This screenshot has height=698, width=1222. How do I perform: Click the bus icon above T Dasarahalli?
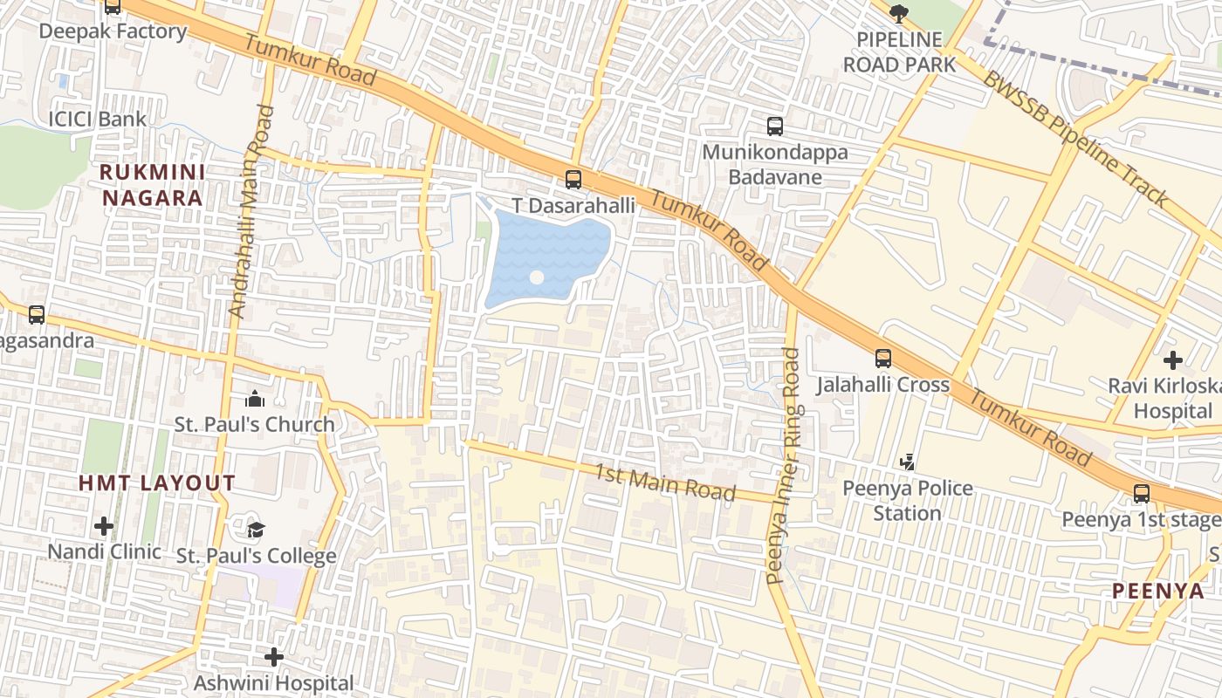573,180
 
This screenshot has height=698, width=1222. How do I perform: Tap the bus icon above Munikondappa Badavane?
774,127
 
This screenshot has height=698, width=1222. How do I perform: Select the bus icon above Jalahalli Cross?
883,358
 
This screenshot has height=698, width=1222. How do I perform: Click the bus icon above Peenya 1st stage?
1141,493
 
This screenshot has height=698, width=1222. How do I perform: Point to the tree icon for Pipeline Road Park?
898,12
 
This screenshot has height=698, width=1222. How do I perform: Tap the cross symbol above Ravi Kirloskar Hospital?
1172,359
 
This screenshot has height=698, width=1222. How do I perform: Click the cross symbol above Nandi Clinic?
104,525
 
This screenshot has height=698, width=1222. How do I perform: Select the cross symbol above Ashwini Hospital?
274,656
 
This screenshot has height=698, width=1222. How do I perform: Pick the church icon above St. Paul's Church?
254,400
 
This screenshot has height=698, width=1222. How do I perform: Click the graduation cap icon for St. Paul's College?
255,530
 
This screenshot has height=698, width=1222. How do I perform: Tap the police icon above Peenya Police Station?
908,461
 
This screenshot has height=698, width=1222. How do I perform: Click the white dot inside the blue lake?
537,277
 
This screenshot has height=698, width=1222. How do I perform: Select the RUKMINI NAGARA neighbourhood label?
153,185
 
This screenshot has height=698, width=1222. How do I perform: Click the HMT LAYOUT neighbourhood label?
157,483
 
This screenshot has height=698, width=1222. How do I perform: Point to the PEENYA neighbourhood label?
1157,591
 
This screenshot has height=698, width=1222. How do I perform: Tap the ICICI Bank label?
98,119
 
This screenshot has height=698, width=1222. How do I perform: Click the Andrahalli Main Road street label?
251,211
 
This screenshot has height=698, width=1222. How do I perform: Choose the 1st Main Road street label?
665,482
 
